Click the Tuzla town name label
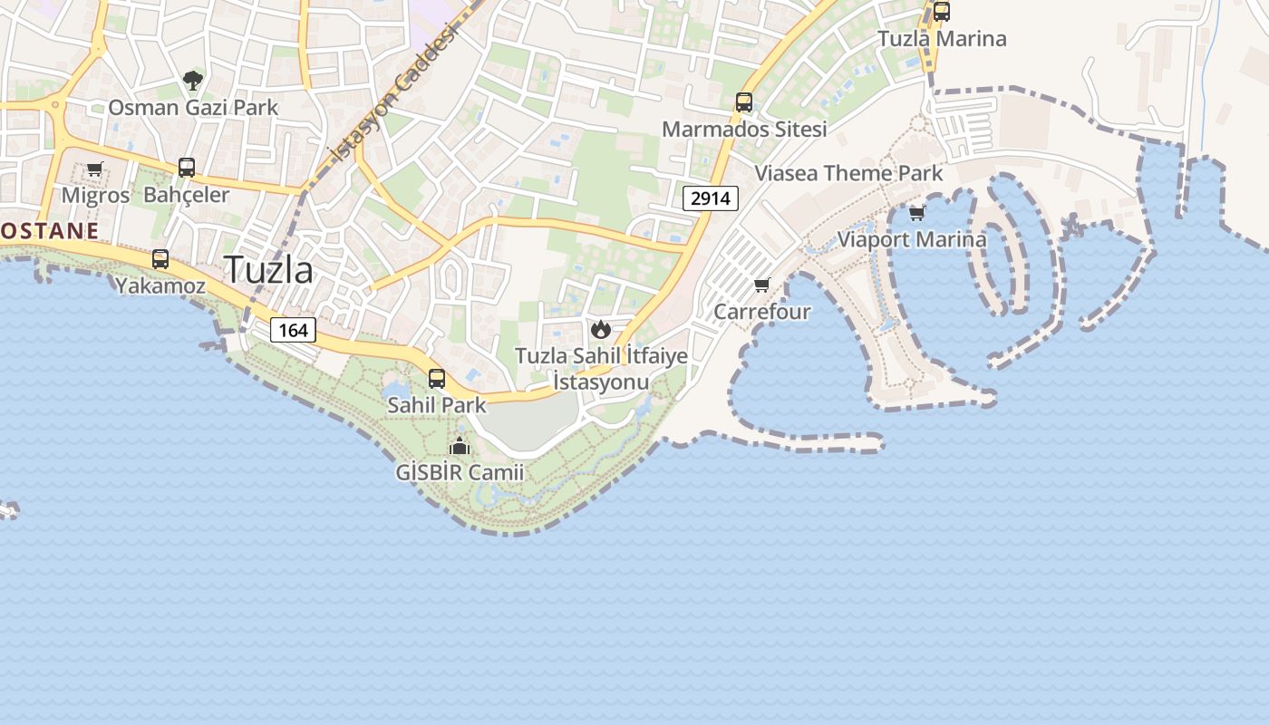pyautogui.click(x=268, y=270)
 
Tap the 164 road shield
pyautogui.click(x=293, y=330)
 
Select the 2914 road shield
pyautogui.click(x=711, y=198)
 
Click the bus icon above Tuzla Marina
pyautogui.click(x=942, y=12)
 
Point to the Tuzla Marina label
pyautogui.click(x=942, y=39)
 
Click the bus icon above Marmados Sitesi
pyautogui.click(x=744, y=102)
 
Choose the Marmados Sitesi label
pyautogui.click(x=744, y=130)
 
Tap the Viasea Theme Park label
pyautogui.click(x=848, y=173)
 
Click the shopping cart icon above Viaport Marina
pyautogui.click(x=917, y=213)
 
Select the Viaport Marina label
pyautogui.click(x=911, y=240)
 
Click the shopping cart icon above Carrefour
pyautogui.click(x=762, y=285)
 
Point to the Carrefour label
pyautogui.click(x=762, y=312)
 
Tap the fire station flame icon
pyautogui.click(x=600, y=329)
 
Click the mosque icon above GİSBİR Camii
pyautogui.click(x=460, y=446)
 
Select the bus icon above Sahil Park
pyautogui.click(x=437, y=379)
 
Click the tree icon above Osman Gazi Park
pyautogui.click(x=193, y=81)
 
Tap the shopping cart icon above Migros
pyautogui.click(x=95, y=169)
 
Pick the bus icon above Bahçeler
pyautogui.click(x=187, y=168)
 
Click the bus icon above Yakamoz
pyautogui.click(x=160, y=259)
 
